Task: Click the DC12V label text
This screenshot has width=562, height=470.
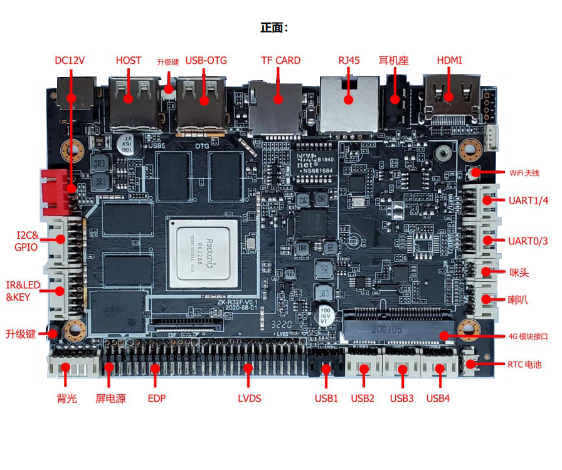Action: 70,61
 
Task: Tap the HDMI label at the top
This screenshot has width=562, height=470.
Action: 449,61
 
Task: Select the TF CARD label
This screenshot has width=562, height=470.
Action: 280,61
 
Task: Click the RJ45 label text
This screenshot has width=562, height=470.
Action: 349,61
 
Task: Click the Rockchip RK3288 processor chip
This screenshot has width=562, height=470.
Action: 201,254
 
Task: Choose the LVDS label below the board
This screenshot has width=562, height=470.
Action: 249,399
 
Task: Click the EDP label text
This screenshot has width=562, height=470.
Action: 156,399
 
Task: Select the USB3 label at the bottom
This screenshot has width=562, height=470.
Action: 401,399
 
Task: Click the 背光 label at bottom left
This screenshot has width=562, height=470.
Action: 66,399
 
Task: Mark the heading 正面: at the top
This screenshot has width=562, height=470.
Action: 274,28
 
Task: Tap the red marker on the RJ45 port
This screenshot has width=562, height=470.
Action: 349,98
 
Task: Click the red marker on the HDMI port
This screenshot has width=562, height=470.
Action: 448,97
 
